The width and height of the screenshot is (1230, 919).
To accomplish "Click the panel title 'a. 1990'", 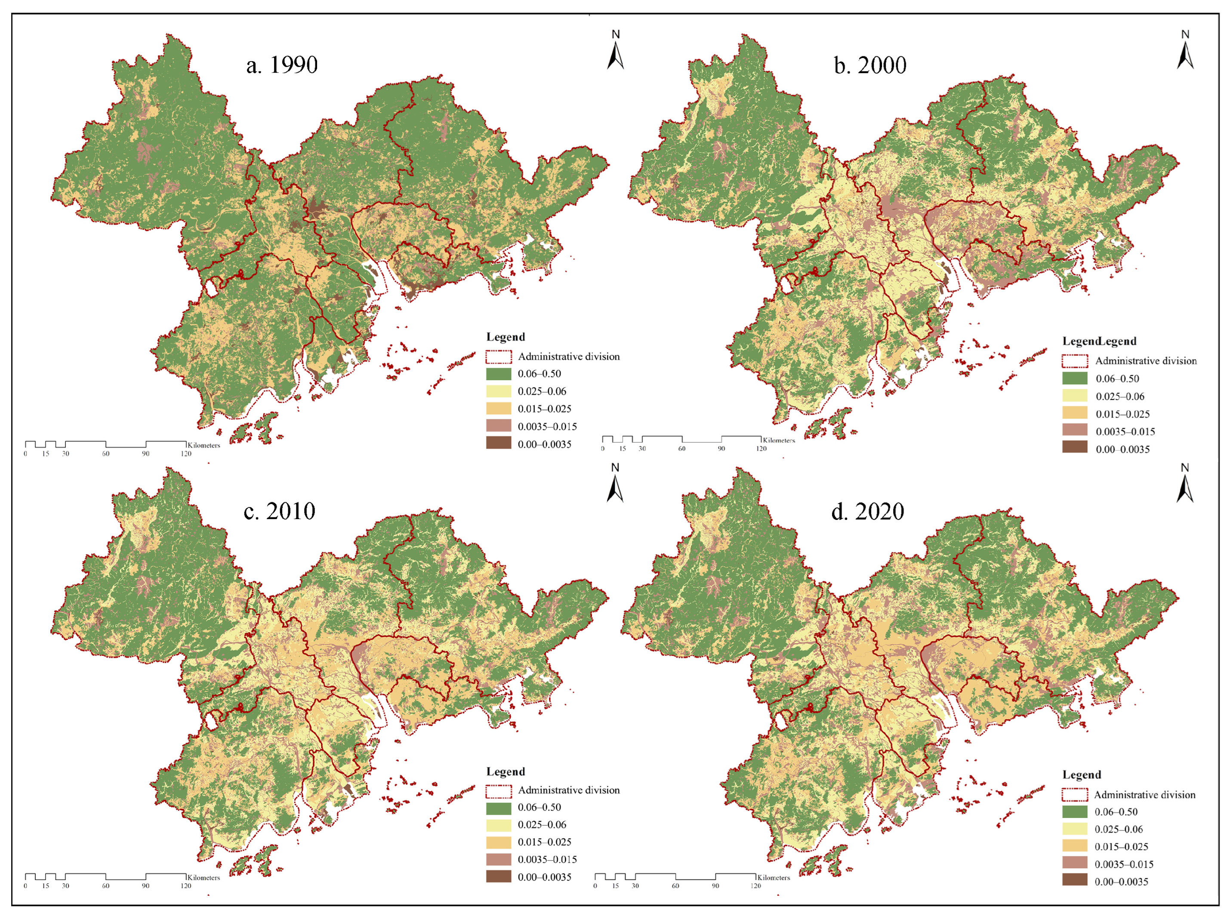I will click(282, 65).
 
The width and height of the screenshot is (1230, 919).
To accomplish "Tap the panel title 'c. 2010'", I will click(280, 511).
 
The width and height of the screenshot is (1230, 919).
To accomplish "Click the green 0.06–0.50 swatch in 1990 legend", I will click(498, 374).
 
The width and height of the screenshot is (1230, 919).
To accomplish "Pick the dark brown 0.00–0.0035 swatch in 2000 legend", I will click(1074, 446).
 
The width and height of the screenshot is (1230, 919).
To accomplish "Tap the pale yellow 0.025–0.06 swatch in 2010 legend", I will click(498, 824).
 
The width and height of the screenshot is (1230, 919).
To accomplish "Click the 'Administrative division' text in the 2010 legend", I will click(568, 790).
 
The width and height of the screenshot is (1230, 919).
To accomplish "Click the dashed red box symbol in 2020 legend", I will click(1074, 794).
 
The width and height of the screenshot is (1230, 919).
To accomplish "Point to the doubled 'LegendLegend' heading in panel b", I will click(1099, 341).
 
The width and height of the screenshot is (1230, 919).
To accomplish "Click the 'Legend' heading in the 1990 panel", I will click(506, 337).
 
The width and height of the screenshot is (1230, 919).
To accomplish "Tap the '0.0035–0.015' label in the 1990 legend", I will click(547, 427).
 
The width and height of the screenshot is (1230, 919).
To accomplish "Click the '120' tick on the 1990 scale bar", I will click(186, 454).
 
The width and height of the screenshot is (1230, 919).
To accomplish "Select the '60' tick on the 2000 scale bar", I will click(682, 449).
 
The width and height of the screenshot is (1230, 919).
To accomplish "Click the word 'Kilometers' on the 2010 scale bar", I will click(203, 877).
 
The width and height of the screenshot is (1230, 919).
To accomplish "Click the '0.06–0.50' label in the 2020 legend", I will click(1116, 811).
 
